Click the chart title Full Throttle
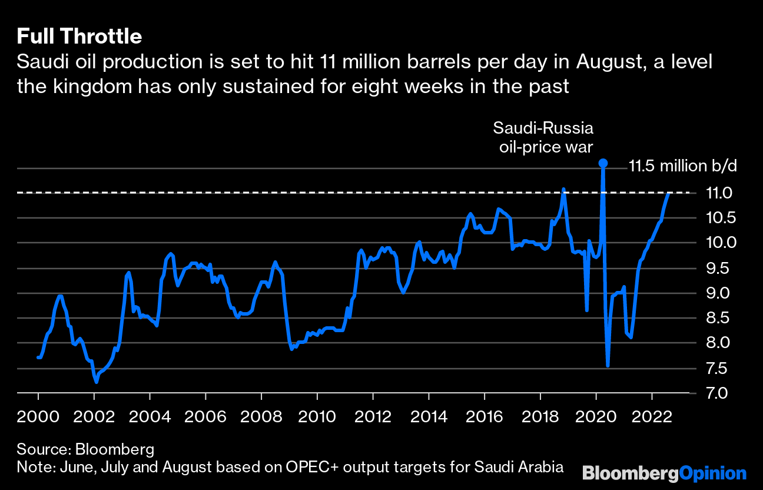[79, 37]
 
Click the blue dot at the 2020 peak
[602, 163]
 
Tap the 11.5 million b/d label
[682, 166]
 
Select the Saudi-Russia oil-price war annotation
[543, 137]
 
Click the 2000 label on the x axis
[38, 417]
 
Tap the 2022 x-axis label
[652, 417]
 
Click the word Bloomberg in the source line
[114, 450]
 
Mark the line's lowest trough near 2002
[96, 382]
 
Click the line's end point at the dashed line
[669, 193]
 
